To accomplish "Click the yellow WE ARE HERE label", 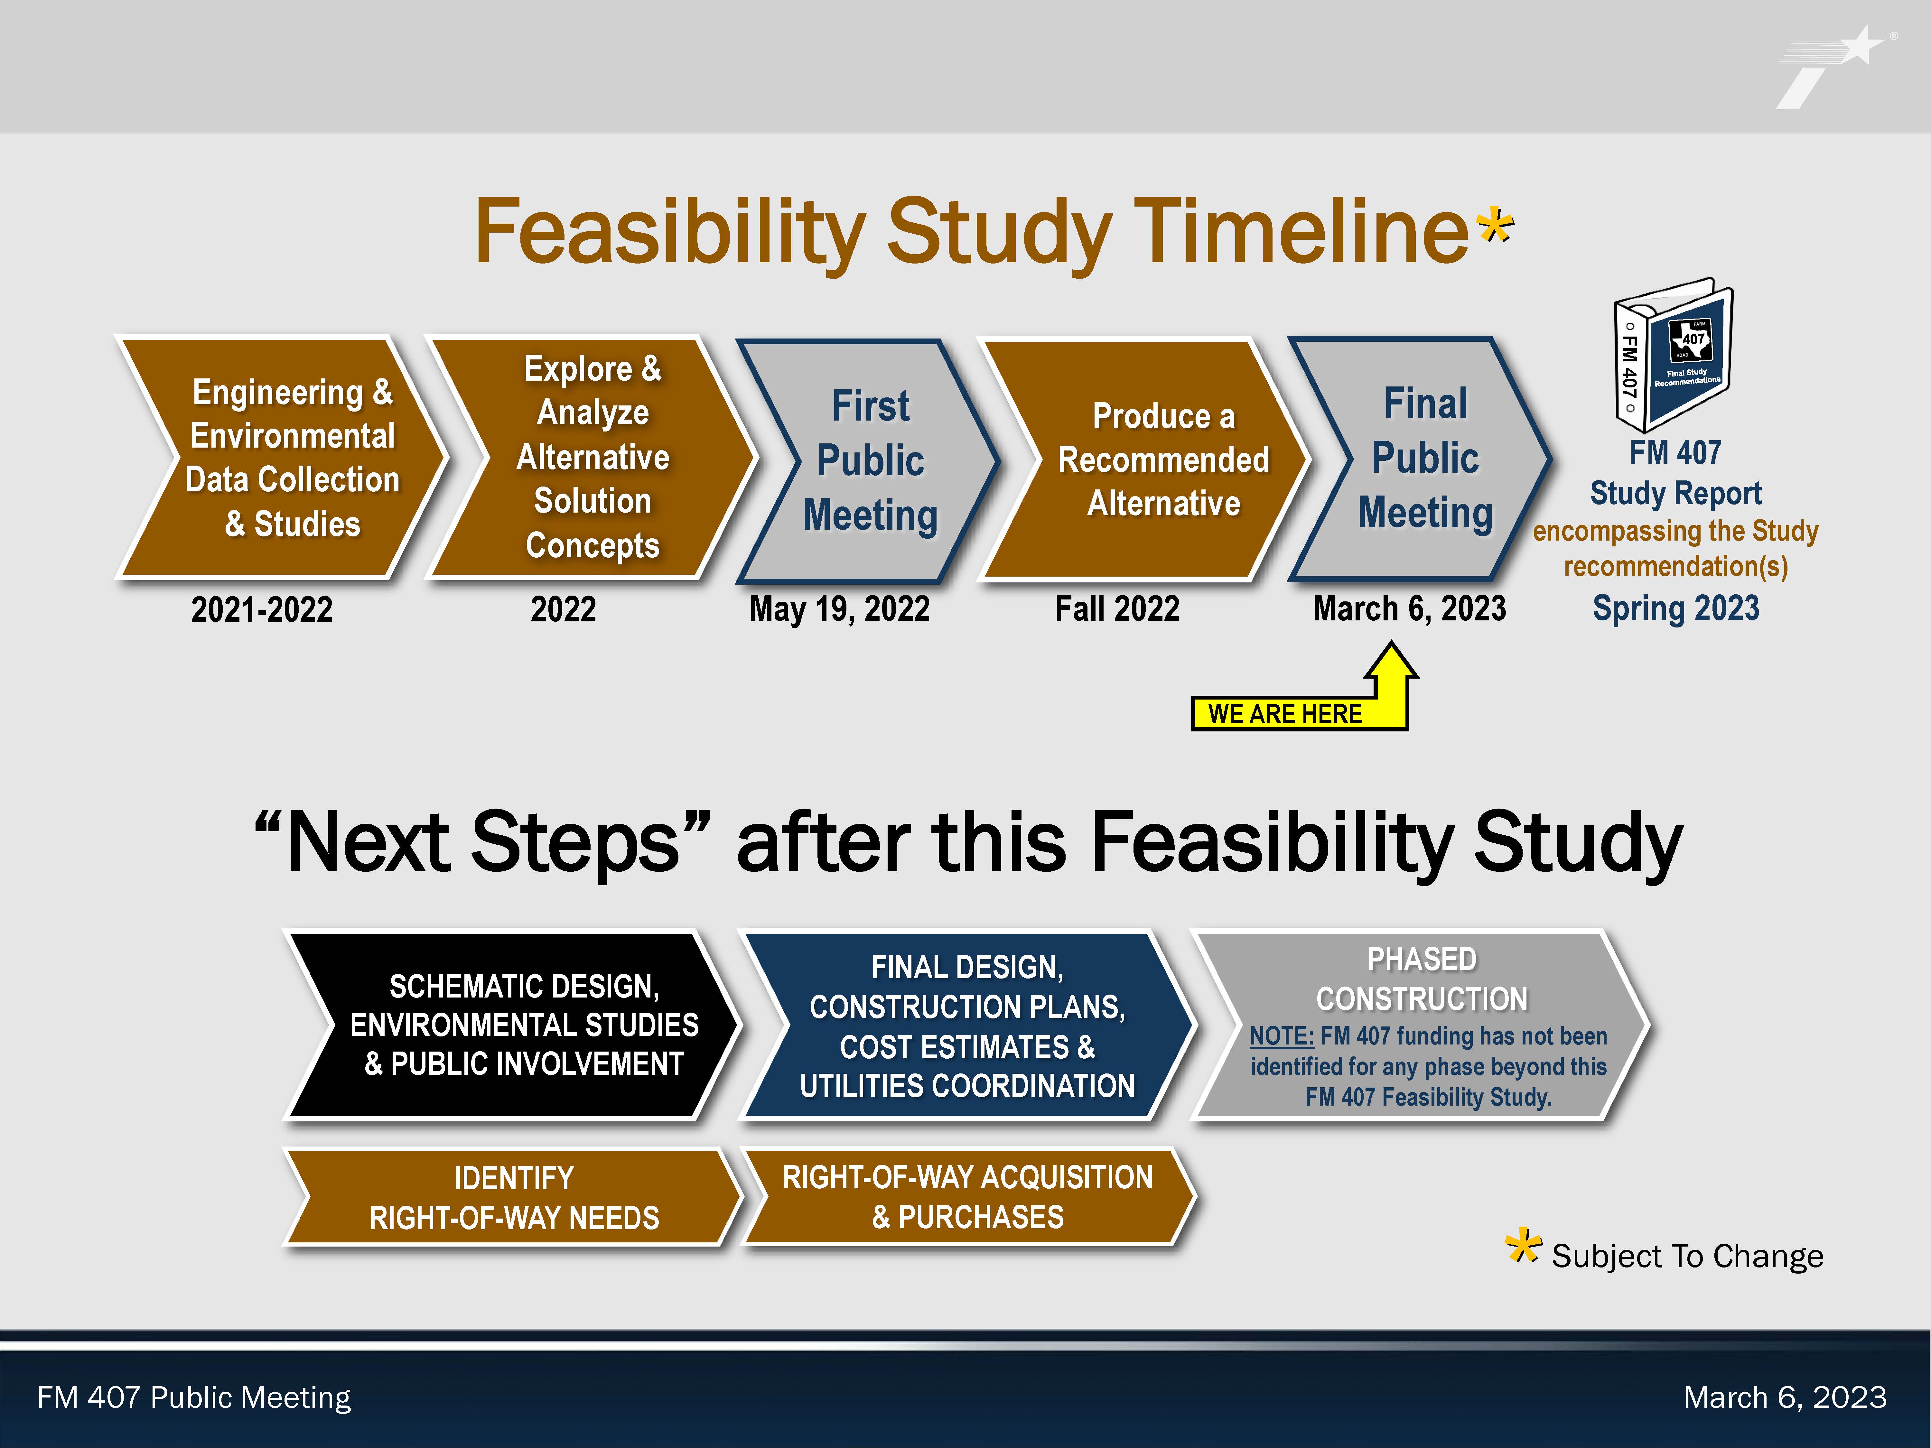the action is (x=1285, y=713).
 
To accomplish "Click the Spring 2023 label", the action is (x=1675, y=608).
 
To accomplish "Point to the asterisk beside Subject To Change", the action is (x=1523, y=1246).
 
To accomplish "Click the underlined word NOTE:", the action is (x=1282, y=1036).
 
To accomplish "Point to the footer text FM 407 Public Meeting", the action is (x=194, y=1397).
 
